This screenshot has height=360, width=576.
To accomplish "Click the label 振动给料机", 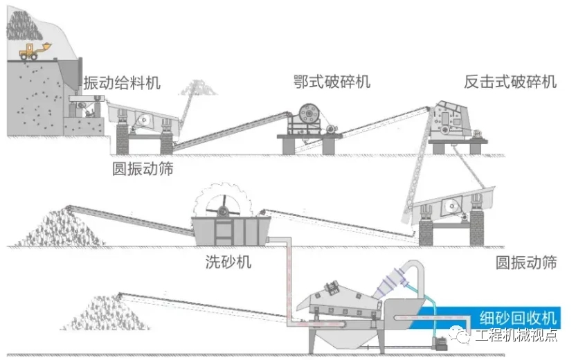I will [121, 83].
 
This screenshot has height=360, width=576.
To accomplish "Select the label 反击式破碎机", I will [510, 82].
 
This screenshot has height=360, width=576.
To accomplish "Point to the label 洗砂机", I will [228, 262].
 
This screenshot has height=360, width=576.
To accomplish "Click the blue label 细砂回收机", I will [518, 318].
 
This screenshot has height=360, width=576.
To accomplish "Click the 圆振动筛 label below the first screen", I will [142, 169].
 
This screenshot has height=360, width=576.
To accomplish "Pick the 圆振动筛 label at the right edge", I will [526, 263].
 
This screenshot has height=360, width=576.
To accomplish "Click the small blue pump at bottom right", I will [438, 342].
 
